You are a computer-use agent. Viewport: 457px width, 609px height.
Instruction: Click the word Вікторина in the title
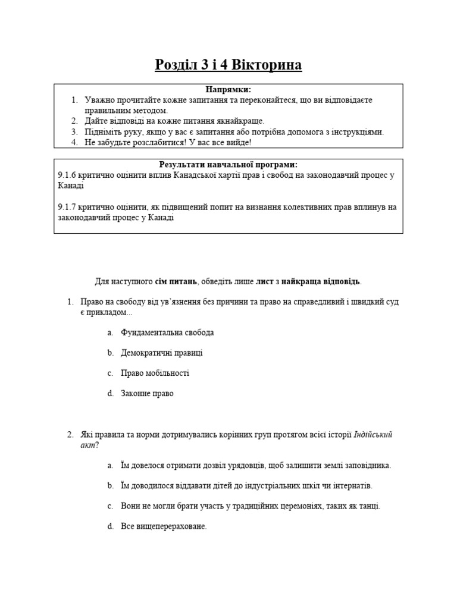pos(266,65)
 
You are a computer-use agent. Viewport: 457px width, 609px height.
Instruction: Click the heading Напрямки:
pos(228,89)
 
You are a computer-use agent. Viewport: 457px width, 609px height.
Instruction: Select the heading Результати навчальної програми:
pos(228,165)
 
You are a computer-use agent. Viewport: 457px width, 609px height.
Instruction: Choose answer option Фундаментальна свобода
pos(167,332)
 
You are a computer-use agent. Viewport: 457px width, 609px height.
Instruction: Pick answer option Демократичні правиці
pos(162,353)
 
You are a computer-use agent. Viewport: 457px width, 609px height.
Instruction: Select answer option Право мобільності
pos(155,373)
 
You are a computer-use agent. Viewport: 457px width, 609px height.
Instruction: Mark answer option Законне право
pos(147,394)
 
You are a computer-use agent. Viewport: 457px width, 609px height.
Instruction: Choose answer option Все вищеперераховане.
pos(164,526)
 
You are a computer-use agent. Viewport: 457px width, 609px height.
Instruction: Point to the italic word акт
pos(87,445)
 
